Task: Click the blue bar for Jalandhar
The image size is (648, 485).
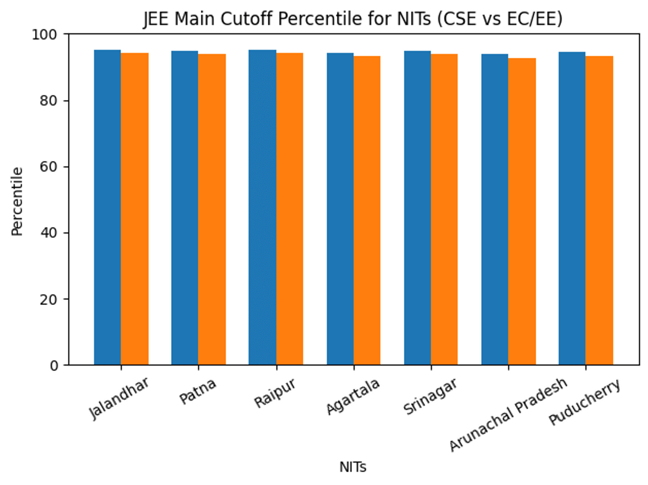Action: click(107, 208)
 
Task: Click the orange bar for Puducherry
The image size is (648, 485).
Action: click(599, 210)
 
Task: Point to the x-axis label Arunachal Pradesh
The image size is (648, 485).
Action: click(508, 414)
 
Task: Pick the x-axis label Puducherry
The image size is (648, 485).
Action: click(585, 401)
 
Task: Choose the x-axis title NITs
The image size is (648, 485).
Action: click(353, 467)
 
